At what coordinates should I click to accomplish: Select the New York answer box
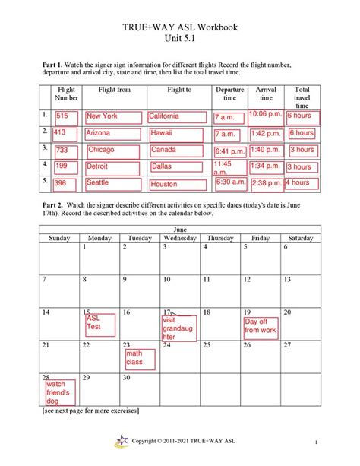113,116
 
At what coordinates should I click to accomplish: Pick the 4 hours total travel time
302,183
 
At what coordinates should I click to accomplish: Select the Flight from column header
114,90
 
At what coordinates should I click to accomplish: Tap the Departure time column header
229,94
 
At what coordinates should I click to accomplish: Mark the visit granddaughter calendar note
178,328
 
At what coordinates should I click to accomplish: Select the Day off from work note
261,326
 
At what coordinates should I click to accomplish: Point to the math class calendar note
140,358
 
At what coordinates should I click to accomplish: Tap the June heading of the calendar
180,228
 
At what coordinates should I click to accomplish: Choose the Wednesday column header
180,238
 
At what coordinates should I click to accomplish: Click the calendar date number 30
127,377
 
